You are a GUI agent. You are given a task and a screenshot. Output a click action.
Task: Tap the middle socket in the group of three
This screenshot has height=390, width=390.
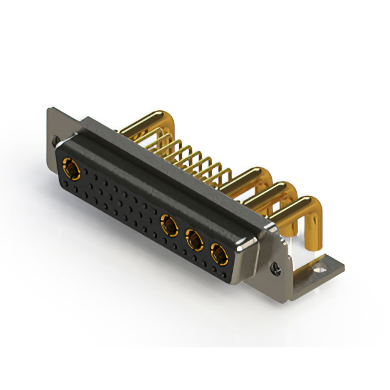point(194,239)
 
